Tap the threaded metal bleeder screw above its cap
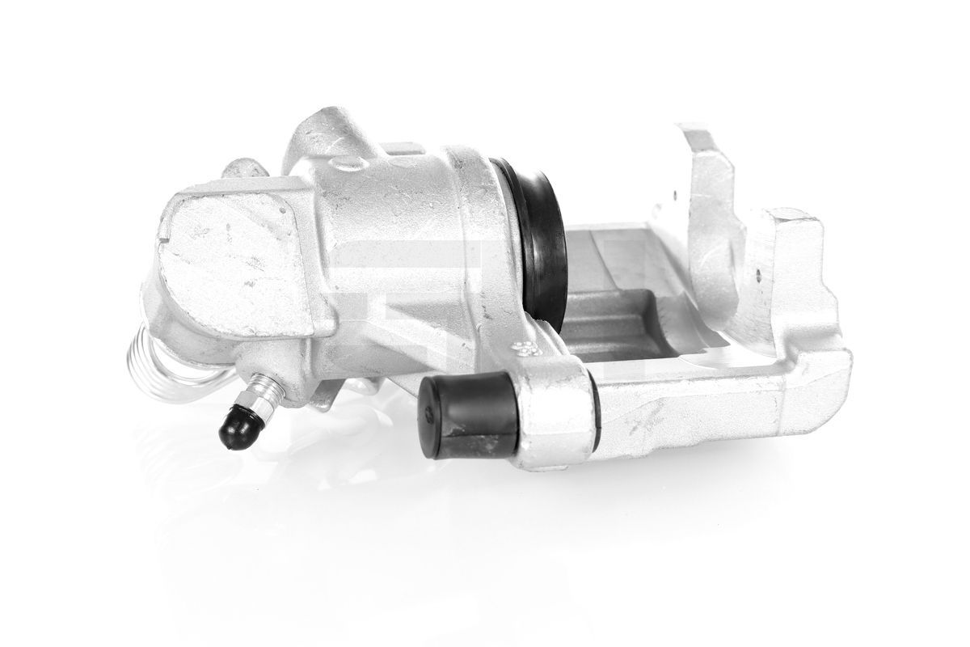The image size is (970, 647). point(265,394)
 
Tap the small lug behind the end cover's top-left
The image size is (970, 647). point(243,169)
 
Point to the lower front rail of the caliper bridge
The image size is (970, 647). point(711,404)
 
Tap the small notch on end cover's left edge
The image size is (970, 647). point(164,238)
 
